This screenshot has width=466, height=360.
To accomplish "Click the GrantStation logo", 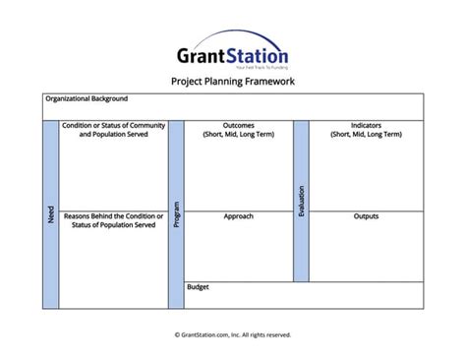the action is tap(234, 50).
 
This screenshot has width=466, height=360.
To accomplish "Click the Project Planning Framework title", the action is tap(233, 82).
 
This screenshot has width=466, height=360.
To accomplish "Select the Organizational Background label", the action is tap(87, 98).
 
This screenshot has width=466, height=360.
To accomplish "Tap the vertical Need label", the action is tap(51, 214).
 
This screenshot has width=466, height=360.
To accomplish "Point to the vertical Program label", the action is tap(176, 214).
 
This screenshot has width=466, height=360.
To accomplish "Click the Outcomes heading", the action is tap(239, 126).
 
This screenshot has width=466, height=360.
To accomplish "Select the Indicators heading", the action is tap(366, 126).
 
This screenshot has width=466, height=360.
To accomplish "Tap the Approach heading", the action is tap(239, 216).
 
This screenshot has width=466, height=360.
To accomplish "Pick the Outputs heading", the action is tap(366, 216).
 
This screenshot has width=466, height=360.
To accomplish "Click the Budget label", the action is tap(198, 287).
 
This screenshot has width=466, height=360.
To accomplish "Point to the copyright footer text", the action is tap(233, 334).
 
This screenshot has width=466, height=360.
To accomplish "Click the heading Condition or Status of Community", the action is tap(114, 126).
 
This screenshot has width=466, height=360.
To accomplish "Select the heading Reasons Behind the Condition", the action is tap(114, 216).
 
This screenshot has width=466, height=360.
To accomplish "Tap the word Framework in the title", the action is tap(268, 82).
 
